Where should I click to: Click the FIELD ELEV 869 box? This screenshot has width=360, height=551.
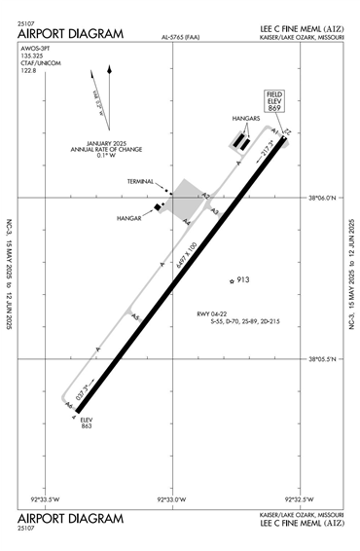pyautogui.click(x=273, y=103)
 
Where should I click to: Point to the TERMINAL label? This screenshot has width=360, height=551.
pyautogui.click(x=141, y=181)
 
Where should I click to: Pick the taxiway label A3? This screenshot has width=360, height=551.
pyautogui.click(x=215, y=211)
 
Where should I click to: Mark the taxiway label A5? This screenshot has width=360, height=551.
pyautogui.click(x=135, y=316)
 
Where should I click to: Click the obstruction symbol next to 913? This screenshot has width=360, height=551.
pyautogui.click(x=232, y=281)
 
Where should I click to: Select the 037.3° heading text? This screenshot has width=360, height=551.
pyautogui.click(x=82, y=392)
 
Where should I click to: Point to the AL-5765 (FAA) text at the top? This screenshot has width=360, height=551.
pyautogui.click(x=180, y=39)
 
